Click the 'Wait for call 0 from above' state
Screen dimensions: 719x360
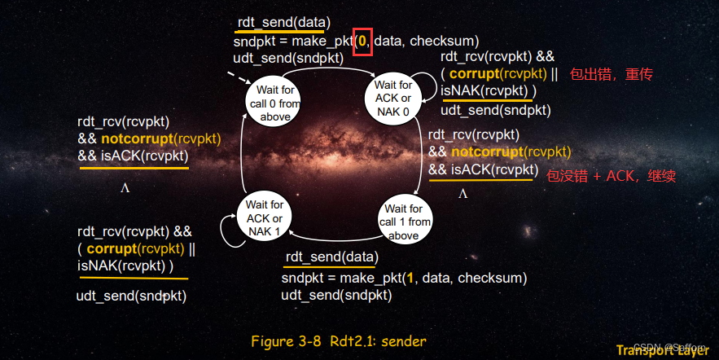click(x=273, y=101)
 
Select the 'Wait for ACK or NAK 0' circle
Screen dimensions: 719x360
click(x=392, y=98)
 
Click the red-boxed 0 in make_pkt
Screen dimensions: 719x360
click(x=362, y=42)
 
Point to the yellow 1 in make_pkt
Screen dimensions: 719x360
click(x=410, y=278)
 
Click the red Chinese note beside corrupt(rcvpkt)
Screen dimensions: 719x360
click(x=612, y=74)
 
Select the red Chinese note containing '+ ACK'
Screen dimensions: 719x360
click(x=611, y=176)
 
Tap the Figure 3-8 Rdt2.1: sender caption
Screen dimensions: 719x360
click(x=339, y=341)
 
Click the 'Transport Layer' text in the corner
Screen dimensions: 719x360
click(x=662, y=350)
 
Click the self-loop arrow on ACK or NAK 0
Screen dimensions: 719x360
click(x=431, y=87)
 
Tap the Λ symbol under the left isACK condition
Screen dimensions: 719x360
click(x=125, y=188)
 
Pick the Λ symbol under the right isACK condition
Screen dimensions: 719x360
click(x=463, y=194)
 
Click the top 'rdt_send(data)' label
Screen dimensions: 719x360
click(x=284, y=23)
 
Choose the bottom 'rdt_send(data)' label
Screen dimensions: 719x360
click(x=332, y=257)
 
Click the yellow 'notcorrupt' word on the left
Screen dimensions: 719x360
click(x=137, y=139)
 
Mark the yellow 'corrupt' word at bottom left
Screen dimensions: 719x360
click(x=112, y=248)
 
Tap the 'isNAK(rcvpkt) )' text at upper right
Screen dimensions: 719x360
click(x=489, y=90)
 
